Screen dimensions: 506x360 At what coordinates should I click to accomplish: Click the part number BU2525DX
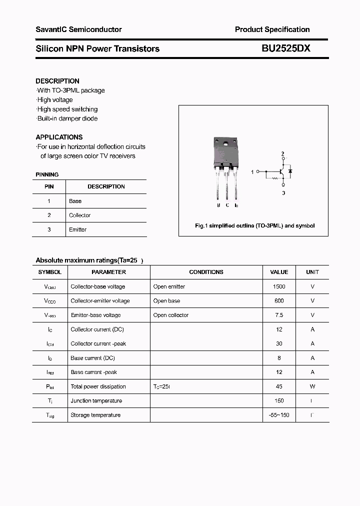[x=285, y=48]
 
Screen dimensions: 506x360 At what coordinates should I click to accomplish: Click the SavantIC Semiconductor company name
[x=78, y=29]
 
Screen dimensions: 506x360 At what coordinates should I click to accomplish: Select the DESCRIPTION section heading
[x=57, y=81]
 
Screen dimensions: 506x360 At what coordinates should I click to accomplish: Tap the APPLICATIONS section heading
[x=59, y=137]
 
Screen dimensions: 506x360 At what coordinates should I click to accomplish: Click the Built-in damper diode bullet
[x=67, y=118]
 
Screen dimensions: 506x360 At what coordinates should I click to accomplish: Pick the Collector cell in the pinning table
[x=80, y=215]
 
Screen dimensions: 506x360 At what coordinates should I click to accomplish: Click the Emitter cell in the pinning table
[x=78, y=229]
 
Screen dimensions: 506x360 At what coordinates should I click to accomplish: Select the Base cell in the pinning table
[x=75, y=201]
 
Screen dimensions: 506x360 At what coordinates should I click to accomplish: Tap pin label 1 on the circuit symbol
[x=252, y=171]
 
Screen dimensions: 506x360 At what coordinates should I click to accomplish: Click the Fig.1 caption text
[x=254, y=226]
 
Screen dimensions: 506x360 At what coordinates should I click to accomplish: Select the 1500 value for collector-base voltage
[x=279, y=286]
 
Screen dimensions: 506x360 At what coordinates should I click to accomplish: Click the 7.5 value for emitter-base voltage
[x=279, y=315]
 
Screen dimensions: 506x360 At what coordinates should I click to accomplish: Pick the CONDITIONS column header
[x=206, y=272]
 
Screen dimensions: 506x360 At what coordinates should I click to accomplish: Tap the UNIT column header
[x=312, y=272]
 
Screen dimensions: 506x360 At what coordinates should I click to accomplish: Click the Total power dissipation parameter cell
[x=98, y=386]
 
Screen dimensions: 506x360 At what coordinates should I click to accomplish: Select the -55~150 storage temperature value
[x=279, y=415]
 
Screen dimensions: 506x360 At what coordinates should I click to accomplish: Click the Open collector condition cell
[x=171, y=315]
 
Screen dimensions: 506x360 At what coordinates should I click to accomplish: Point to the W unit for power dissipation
[x=312, y=386]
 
